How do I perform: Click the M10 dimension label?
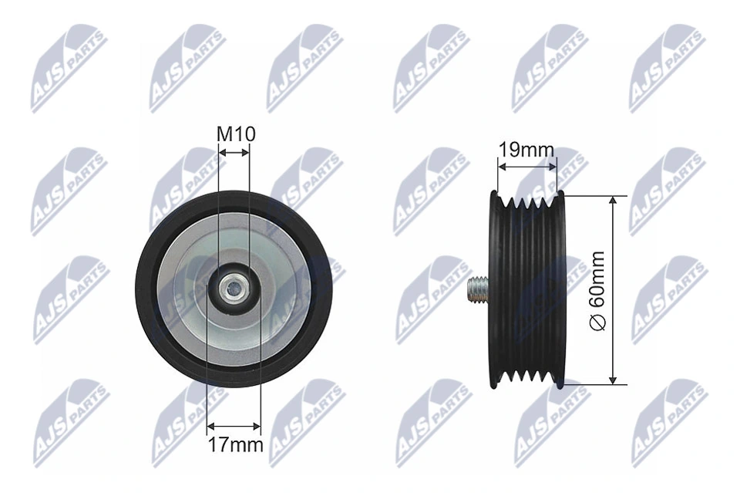click(235, 133)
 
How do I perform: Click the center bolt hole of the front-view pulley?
click(233, 289)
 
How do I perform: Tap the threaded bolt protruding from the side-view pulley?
click(476, 290)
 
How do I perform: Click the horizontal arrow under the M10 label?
click(234, 154)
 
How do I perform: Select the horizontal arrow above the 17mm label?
click(234, 425)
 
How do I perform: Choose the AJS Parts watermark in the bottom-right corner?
click(668, 423)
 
